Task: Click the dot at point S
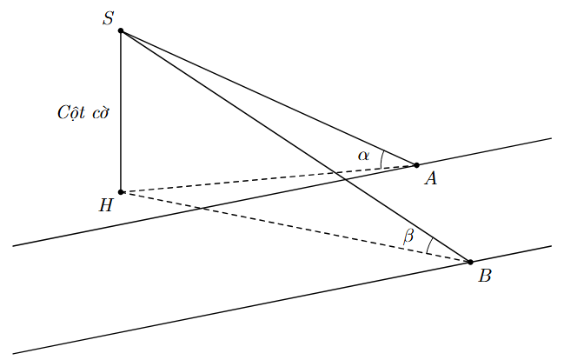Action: [121, 31]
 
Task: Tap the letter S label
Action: [109, 18]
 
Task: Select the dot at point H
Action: [121, 192]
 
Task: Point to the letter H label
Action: [106, 206]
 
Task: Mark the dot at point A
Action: [416, 165]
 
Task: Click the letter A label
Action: [430, 179]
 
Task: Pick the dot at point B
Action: [471, 262]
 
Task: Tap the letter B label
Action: [485, 277]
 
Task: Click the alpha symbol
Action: [364, 156]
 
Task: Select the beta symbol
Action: [408, 236]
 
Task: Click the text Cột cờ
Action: [83, 113]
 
